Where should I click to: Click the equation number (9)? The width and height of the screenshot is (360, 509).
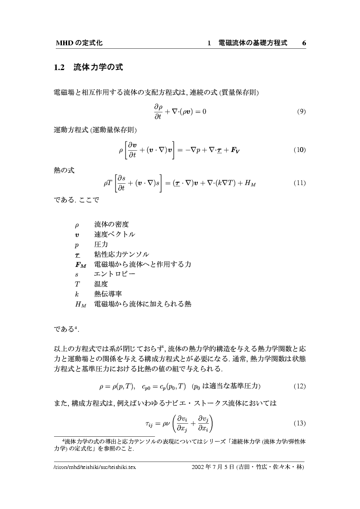[x=301, y=111]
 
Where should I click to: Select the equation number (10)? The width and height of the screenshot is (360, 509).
[x=300, y=150]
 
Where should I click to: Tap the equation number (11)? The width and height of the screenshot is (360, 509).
[x=300, y=183]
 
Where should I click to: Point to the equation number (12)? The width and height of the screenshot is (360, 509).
[x=300, y=386]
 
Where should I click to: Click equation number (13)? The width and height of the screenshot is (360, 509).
[x=300, y=423]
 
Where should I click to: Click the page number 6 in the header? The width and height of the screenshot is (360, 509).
[x=304, y=43]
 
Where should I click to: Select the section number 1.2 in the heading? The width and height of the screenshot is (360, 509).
[x=59, y=67]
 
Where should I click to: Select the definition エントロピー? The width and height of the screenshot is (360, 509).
[x=115, y=274]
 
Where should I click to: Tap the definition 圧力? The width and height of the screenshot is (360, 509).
[x=101, y=245]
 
